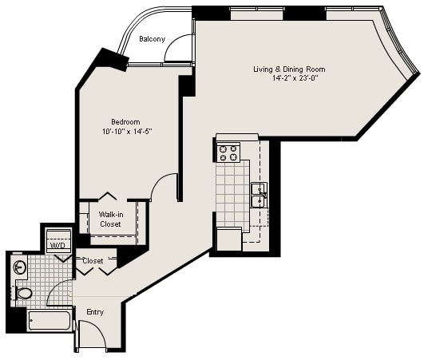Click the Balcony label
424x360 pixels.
click(x=152, y=39)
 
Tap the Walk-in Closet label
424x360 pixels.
click(x=110, y=220)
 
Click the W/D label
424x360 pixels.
click(x=57, y=246)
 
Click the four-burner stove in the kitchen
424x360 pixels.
click(x=229, y=152)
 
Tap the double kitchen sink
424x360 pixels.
click(x=259, y=195)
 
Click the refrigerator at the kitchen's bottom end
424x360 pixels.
click(x=229, y=239)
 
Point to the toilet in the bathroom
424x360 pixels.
click(x=24, y=294)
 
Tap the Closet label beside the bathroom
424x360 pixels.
click(x=93, y=261)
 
